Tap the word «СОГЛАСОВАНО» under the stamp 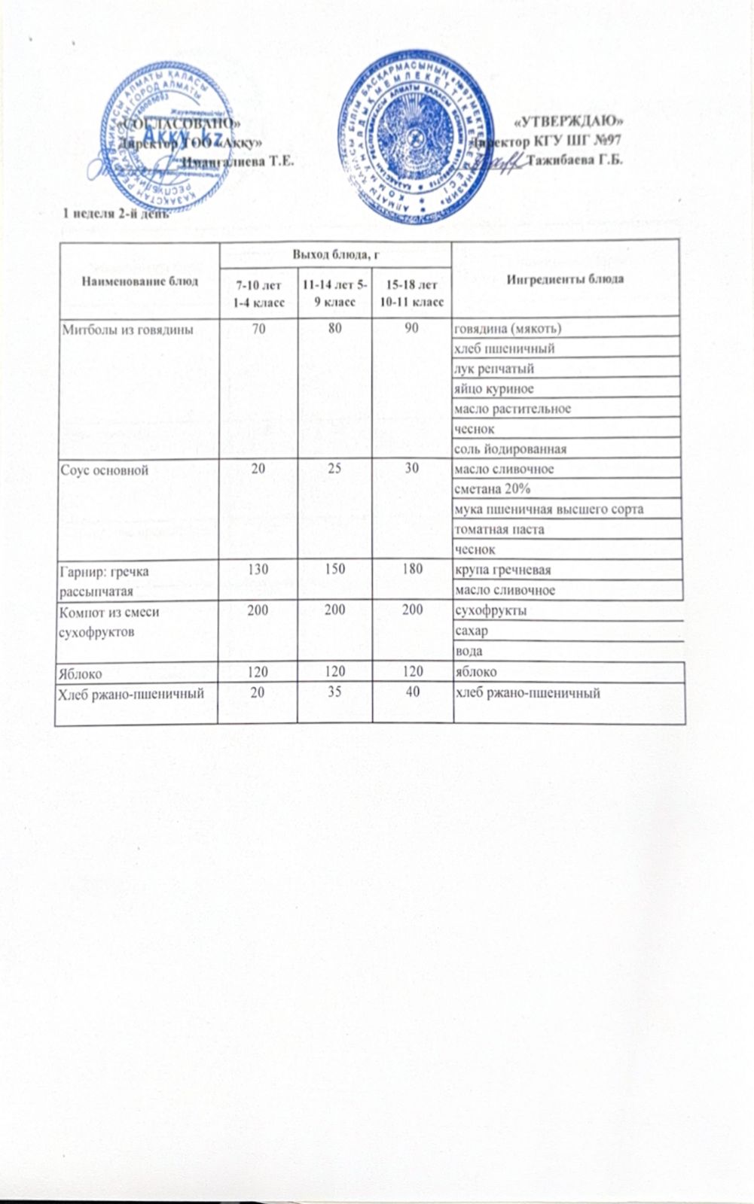pos(180,121)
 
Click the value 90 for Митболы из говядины pos(412,329)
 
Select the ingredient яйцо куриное pos(493,389)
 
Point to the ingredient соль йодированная pos(509,449)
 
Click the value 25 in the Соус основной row pos(334,469)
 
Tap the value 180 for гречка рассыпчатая pos(412,570)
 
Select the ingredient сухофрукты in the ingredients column pos(490,610)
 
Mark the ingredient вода pos(468,651)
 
